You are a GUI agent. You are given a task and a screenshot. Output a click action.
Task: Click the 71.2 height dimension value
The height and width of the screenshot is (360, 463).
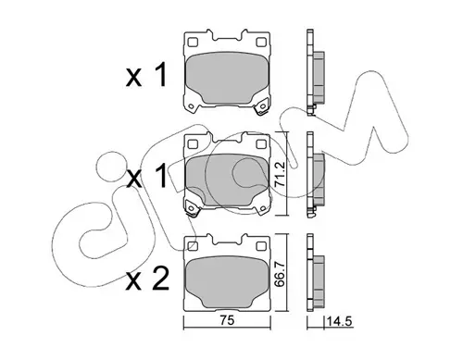(x=279, y=175)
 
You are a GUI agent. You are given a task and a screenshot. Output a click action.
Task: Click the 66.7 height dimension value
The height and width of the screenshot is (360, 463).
(x=279, y=275)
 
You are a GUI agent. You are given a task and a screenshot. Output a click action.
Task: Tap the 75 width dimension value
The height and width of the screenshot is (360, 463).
(x=227, y=321)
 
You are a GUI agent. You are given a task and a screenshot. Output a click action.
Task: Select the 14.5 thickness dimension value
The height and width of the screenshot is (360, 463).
(x=339, y=322)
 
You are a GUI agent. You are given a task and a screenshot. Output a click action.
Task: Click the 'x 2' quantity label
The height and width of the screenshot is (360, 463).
(x=147, y=279)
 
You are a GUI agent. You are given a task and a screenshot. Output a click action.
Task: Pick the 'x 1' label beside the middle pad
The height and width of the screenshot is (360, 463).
(x=146, y=176)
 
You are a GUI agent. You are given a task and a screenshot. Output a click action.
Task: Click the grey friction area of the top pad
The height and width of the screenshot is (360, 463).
(x=227, y=78)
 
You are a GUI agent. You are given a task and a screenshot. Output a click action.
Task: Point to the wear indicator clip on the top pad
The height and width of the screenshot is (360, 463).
(x=261, y=106)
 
